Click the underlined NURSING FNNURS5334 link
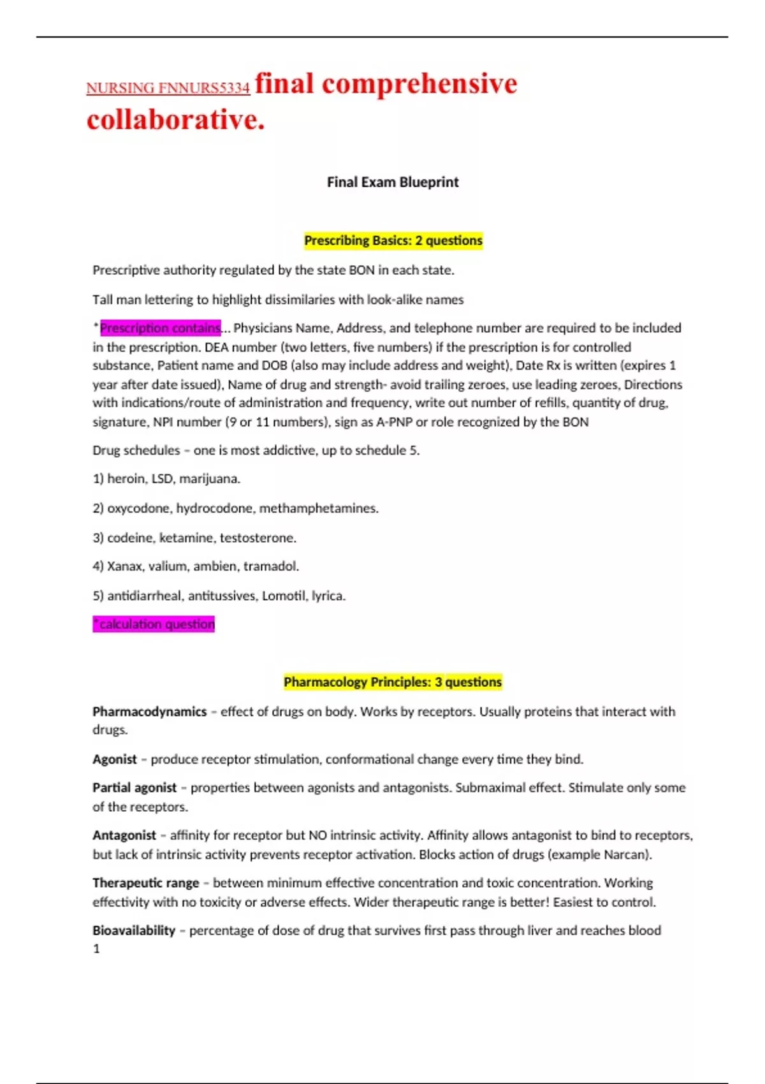[168, 88]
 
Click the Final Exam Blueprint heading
[393, 182]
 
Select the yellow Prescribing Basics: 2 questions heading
[393, 240]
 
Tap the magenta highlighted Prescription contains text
[160, 328]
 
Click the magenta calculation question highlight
[154, 624]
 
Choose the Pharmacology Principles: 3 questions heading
[393, 682]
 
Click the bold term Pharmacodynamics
[149, 712]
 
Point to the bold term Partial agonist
[135, 788]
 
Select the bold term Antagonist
[124, 835]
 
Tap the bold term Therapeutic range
[146, 883]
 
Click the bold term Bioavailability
[134, 930]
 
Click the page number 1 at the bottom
[96, 949]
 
